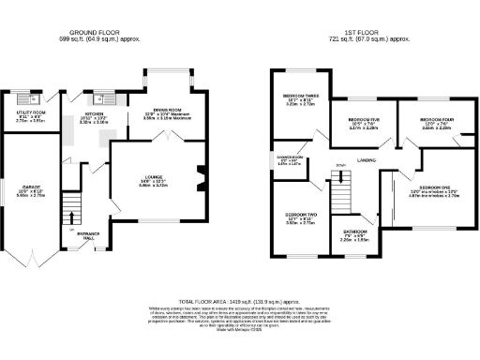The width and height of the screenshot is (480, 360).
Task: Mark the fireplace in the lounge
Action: pyautogui.click(x=200, y=177)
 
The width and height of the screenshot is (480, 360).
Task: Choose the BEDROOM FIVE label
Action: pyautogui.click(x=363, y=121)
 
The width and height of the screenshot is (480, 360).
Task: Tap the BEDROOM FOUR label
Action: pyautogui.click(x=434, y=120)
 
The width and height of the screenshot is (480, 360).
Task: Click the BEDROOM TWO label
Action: pyautogui.click(x=301, y=215)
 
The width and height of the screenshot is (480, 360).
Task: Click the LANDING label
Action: pyautogui.click(x=367, y=160)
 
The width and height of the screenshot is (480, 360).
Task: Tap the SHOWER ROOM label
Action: pyautogui.click(x=290, y=157)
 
